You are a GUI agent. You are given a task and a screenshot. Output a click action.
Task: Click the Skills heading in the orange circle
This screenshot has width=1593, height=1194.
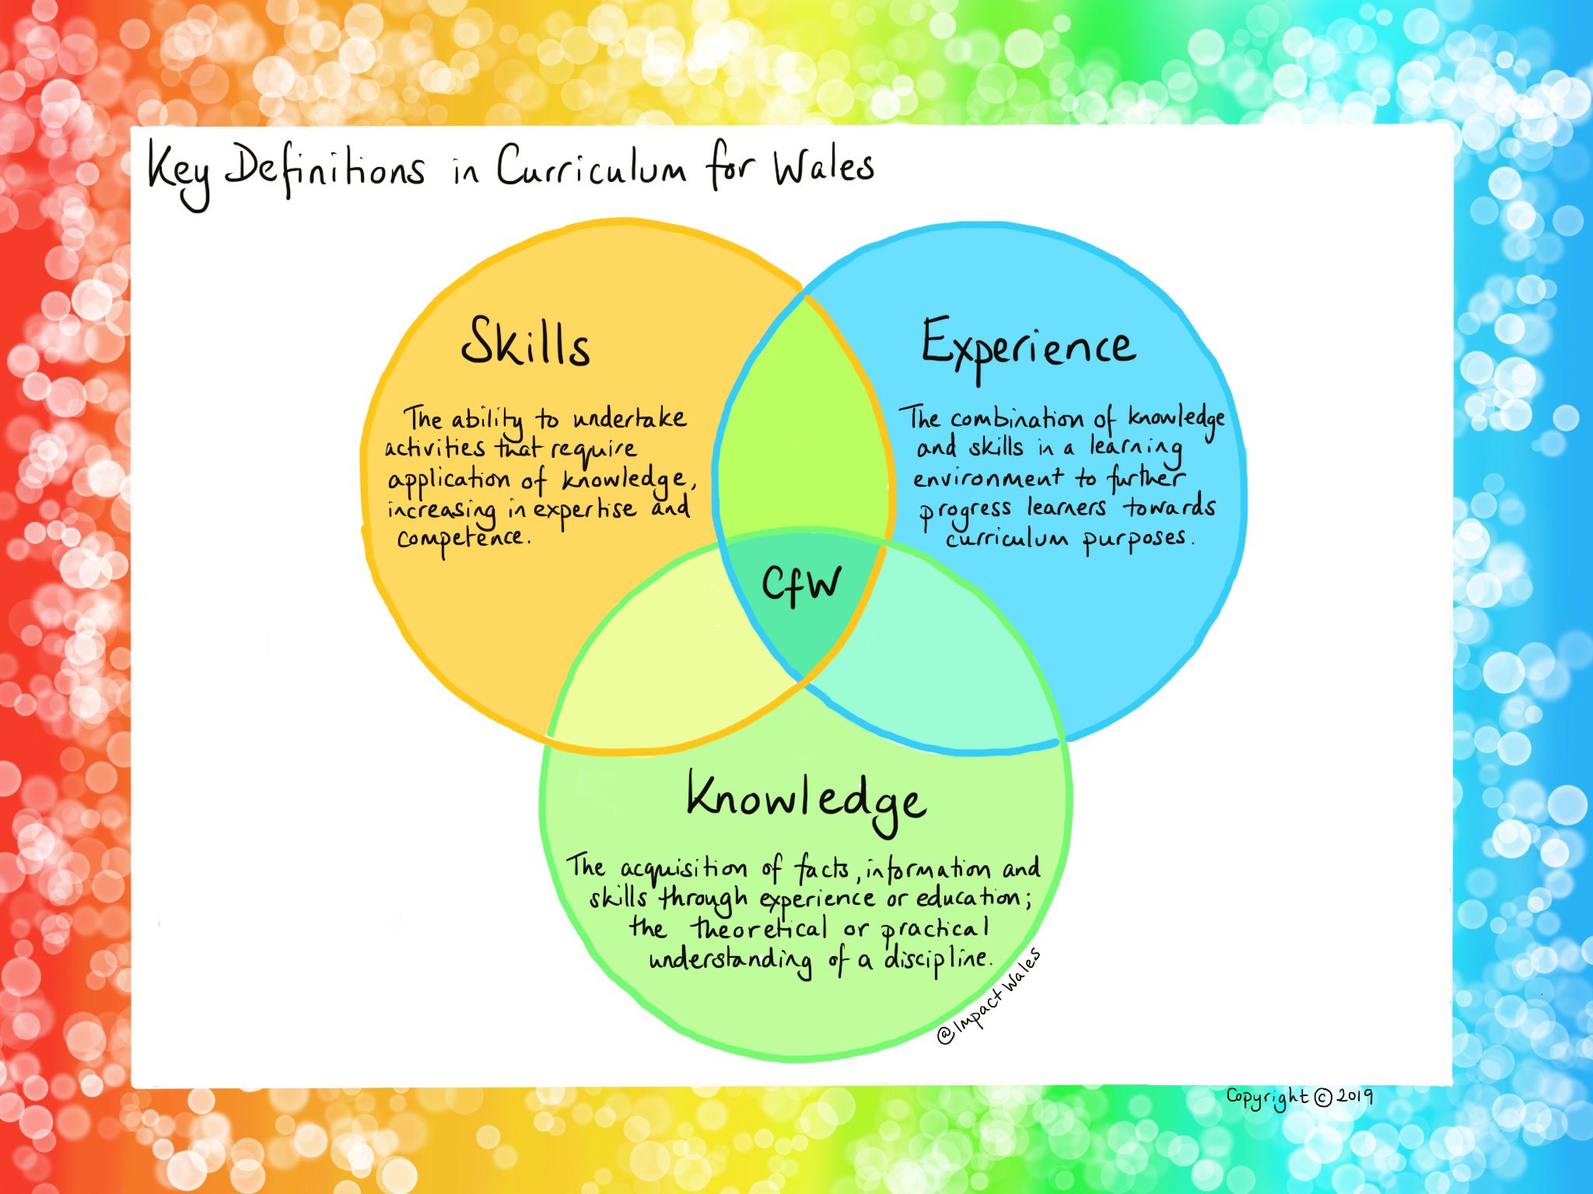click(526, 343)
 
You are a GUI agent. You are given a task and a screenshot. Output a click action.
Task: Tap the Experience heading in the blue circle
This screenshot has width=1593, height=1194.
click(1028, 345)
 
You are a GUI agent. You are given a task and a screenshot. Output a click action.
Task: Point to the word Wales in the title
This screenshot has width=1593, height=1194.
click(823, 166)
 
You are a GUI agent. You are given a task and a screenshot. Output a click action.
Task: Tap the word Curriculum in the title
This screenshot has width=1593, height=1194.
click(591, 167)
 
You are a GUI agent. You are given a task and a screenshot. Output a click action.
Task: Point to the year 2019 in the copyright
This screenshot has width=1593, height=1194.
click(1355, 1096)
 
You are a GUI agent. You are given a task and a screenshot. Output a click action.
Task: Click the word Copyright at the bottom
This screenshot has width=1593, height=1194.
click(1268, 1098)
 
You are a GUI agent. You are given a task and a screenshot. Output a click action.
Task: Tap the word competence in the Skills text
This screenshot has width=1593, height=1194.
click(462, 538)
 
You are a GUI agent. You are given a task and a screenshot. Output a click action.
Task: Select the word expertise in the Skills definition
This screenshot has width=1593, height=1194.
click(584, 510)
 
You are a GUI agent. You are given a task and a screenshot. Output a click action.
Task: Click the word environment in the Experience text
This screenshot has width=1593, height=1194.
click(988, 478)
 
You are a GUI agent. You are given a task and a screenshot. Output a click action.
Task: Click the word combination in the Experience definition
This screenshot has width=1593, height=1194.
click(1017, 420)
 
